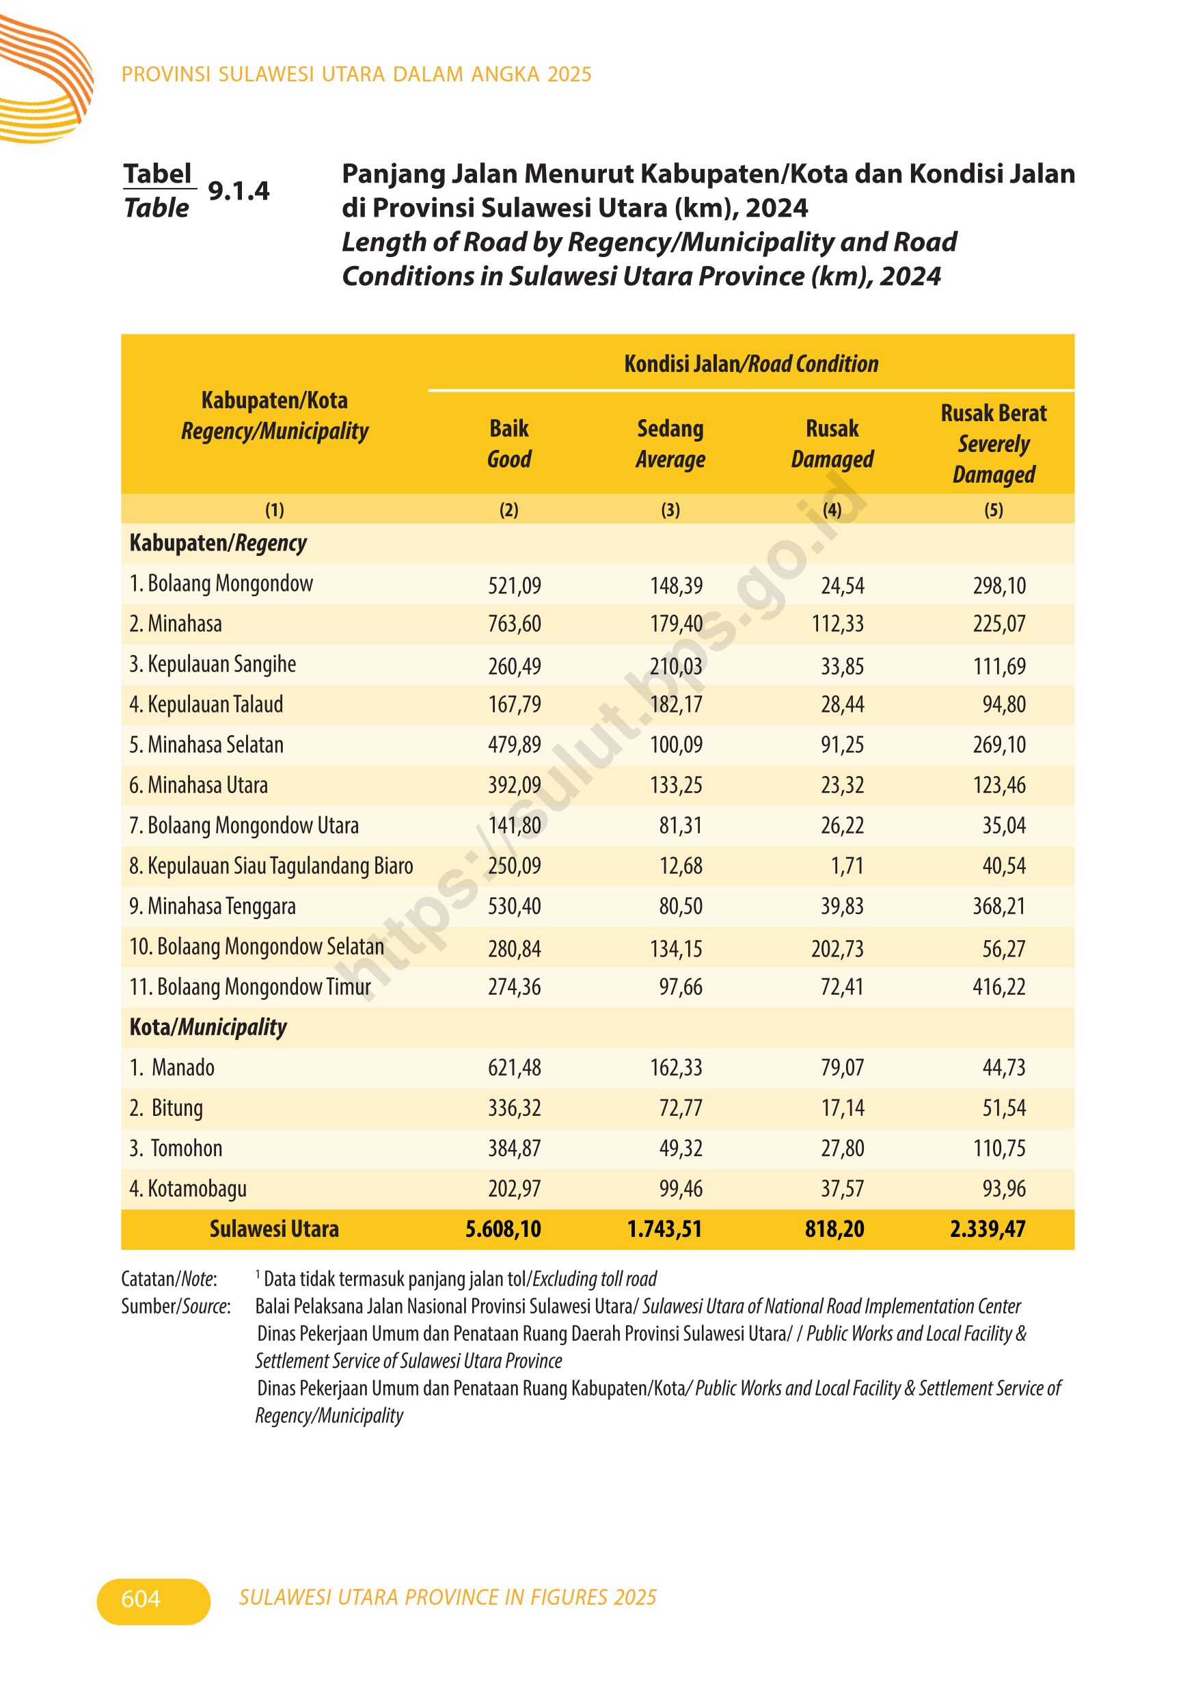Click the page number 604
tap(140, 1599)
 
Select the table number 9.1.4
tap(239, 191)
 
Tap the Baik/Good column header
tap(509, 443)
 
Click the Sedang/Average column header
tap(670, 443)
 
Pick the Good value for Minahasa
tap(514, 624)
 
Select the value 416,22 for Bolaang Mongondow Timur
tap(999, 987)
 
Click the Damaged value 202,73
tap(837, 948)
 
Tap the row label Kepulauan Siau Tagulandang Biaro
tap(271, 866)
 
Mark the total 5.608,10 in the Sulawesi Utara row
tap(503, 1229)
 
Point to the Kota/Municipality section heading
tap(208, 1027)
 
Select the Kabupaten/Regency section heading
tap(217, 544)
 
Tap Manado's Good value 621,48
tap(514, 1067)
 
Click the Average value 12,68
tap(680, 866)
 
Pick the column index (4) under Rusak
tap(832, 509)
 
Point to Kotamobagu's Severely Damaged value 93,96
tap(1003, 1188)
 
